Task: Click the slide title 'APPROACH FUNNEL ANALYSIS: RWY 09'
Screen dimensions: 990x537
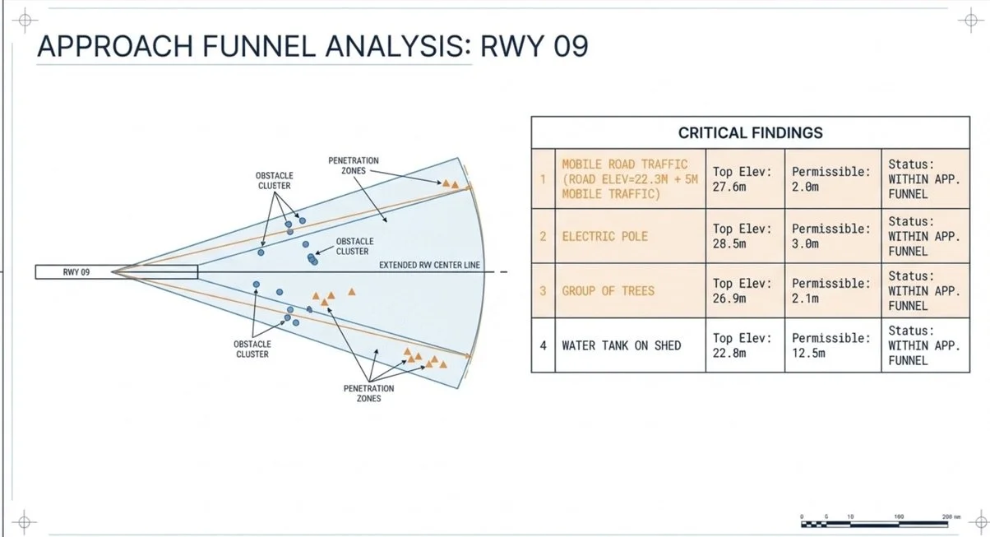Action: click(x=312, y=46)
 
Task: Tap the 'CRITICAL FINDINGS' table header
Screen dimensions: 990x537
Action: click(x=751, y=132)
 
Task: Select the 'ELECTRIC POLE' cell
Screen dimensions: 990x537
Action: click(x=630, y=236)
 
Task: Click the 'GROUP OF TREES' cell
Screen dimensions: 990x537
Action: click(x=630, y=290)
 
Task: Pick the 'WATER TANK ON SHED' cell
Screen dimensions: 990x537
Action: click(x=630, y=345)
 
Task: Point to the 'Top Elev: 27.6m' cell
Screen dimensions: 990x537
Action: click(x=745, y=179)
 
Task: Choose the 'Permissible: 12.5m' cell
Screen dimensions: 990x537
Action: click(x=833, y=345)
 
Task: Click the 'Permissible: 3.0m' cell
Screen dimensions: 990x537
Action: click(x=833, y=236)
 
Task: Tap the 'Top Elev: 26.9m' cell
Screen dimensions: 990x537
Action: click(x=745, y=290)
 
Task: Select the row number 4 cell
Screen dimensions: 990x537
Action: click(x=544, y=345)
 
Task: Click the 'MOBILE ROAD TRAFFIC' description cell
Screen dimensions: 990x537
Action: click(x=630, y=179)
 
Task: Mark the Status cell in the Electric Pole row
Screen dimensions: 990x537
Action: click(x=926, y=236)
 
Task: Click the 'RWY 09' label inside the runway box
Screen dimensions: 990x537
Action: click(x=76, y=272)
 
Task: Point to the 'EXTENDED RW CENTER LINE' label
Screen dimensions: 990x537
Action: click(x=429, y=265)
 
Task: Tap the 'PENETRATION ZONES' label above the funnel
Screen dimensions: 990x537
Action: click(x=354, y=165)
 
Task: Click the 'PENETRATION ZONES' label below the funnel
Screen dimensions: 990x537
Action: click(x=368, y=393)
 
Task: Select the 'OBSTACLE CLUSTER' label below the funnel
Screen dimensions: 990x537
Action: click(x=252, y=350)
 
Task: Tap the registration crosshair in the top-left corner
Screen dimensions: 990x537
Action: click(x=25, y=21)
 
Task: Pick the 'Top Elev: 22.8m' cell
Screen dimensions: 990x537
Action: click(x=745, y=345)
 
